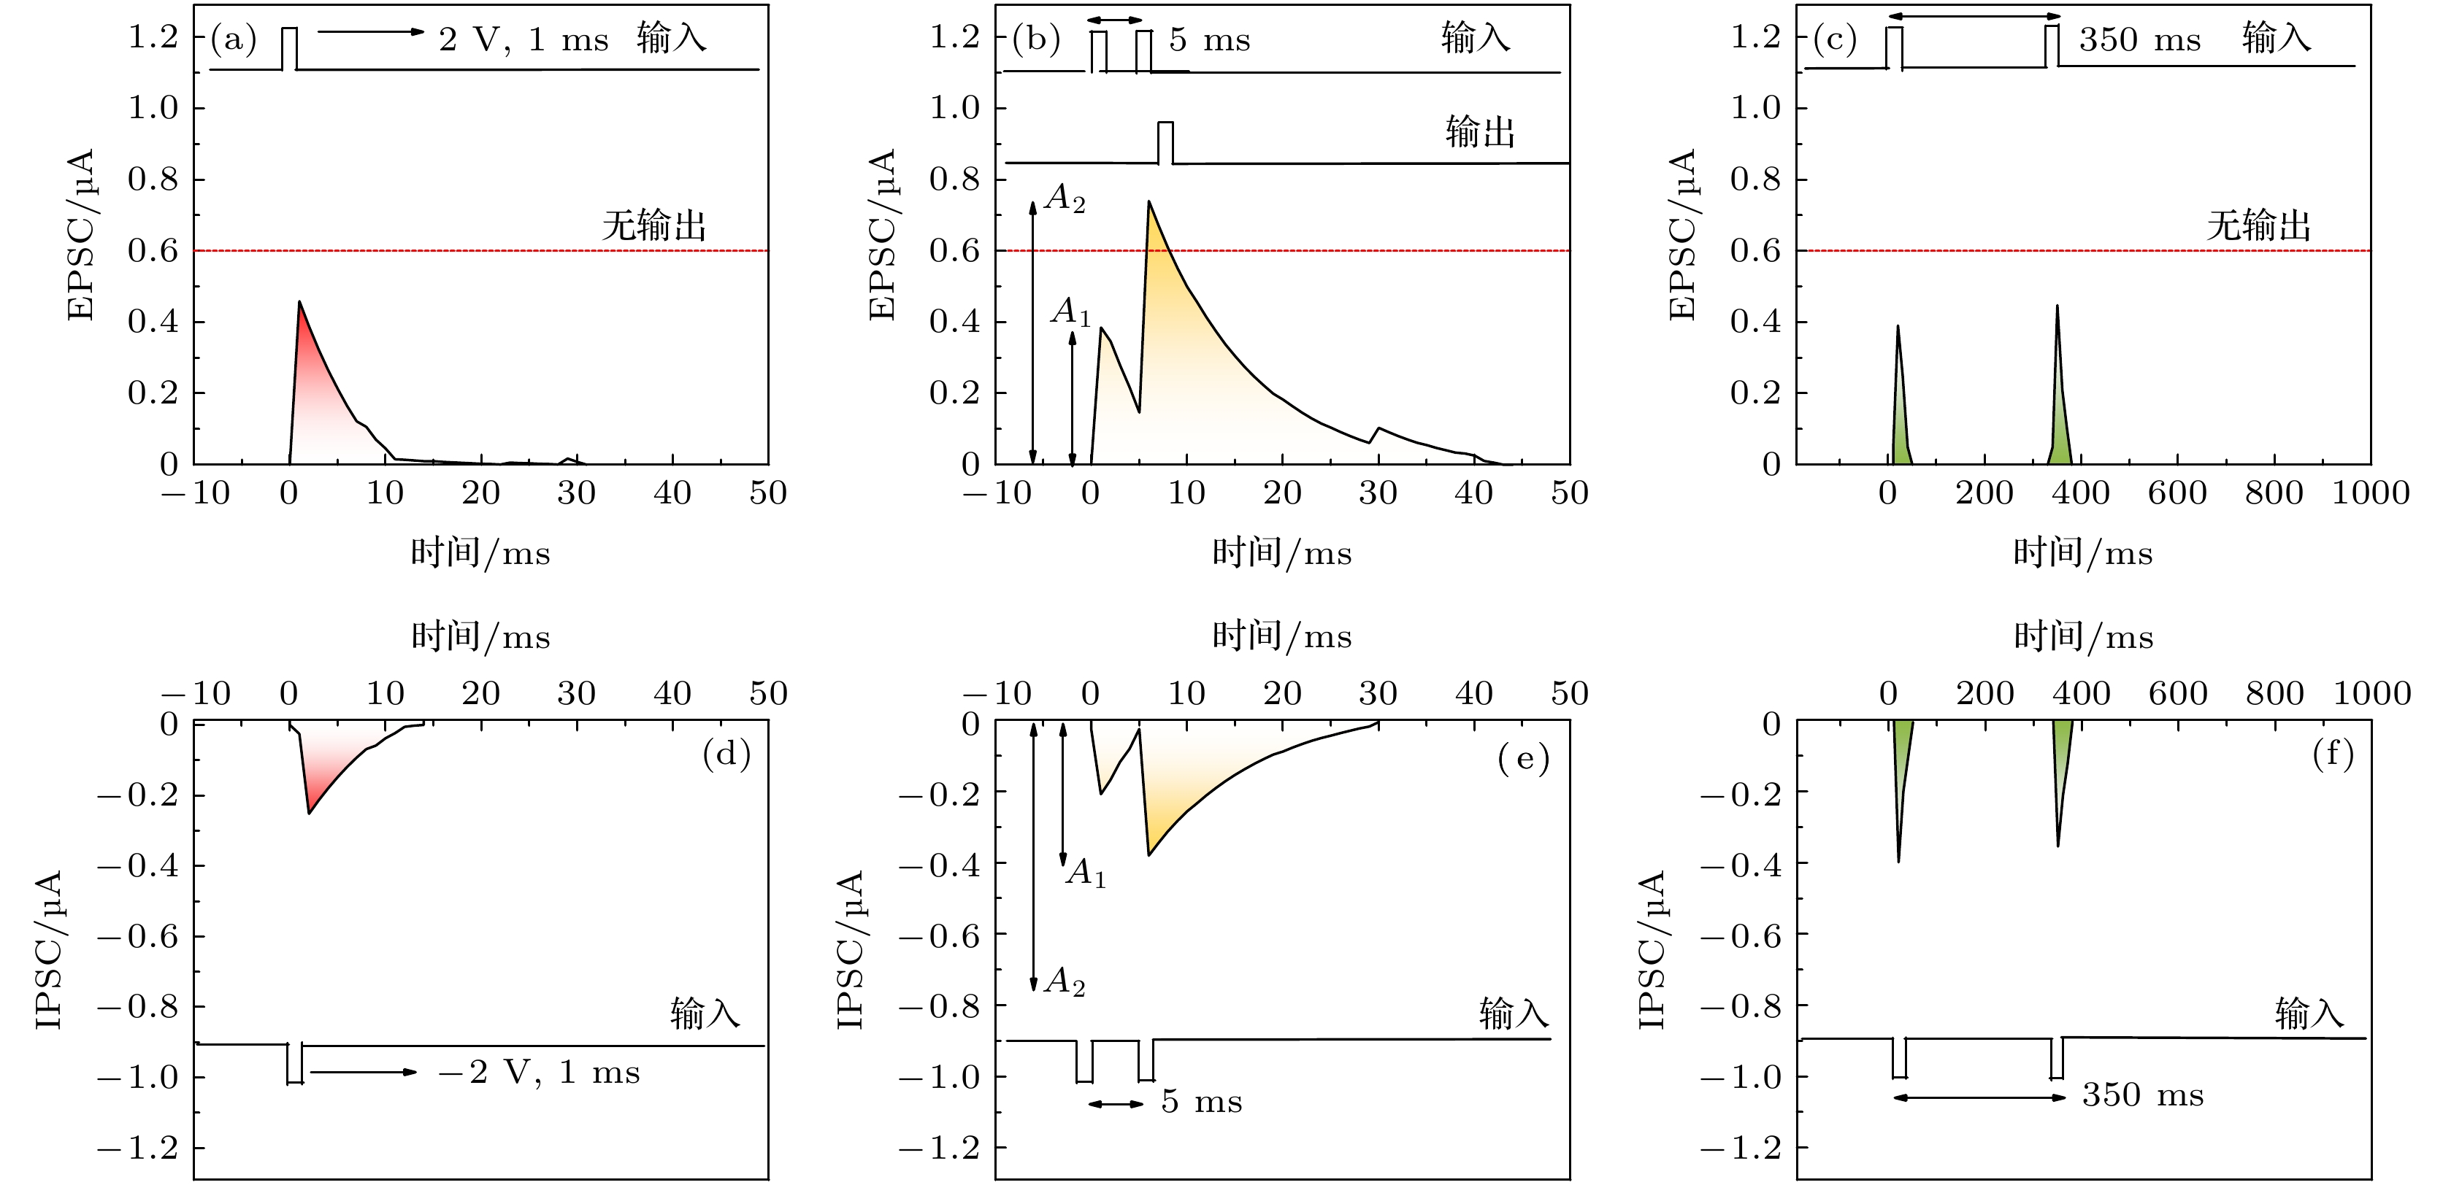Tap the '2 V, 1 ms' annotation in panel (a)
(x=523, y=40)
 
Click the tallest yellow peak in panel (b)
(x=1148, y=202)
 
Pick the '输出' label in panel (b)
(x=1479, y=132)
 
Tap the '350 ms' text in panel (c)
(x=2139, y=40)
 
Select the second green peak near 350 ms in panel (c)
(x=2056, y=306)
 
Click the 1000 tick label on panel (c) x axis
(x=2370, y=493)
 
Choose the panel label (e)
(x=1523, y=757)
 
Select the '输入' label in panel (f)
(x=2309, y=1014)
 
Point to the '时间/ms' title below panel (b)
(x=1281, y=552)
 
